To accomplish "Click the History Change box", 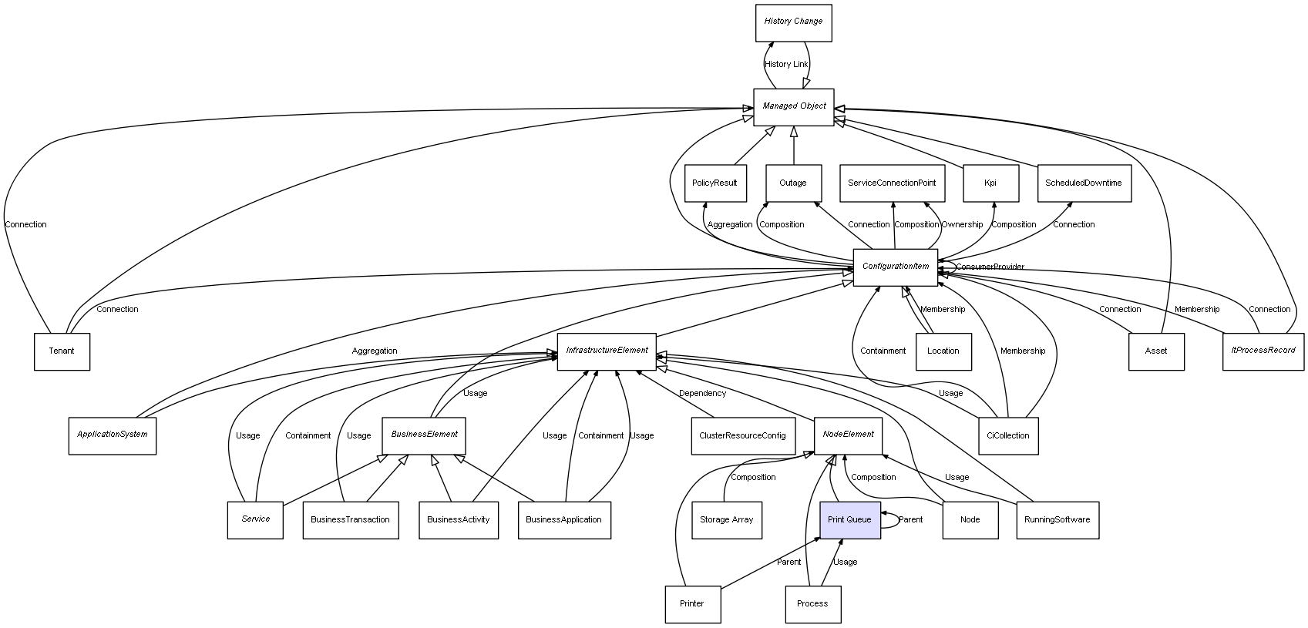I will [793, 22].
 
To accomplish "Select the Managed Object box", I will [794, 106].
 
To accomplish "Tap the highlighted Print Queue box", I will [849, 520].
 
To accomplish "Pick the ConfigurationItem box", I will [895, 267].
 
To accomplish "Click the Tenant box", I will [62, 351].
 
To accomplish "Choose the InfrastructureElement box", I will [607, 351].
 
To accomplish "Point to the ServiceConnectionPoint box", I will [892, 183].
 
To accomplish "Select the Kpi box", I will [990, 183].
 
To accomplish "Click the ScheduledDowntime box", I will [1083, 183].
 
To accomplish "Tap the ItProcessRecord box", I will [1263, 351].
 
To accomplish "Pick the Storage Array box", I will [726, 520].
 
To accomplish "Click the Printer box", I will [692, 604].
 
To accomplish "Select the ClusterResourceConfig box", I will [742, 435].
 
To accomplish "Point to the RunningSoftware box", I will [1057, 520].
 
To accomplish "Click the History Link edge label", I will [786, 65].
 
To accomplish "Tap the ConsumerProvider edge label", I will [990, 267].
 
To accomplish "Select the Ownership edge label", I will [962, 225].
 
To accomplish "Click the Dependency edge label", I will [702, 394].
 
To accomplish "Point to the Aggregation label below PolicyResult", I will [729, 225].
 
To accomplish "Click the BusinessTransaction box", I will [350, 520].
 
